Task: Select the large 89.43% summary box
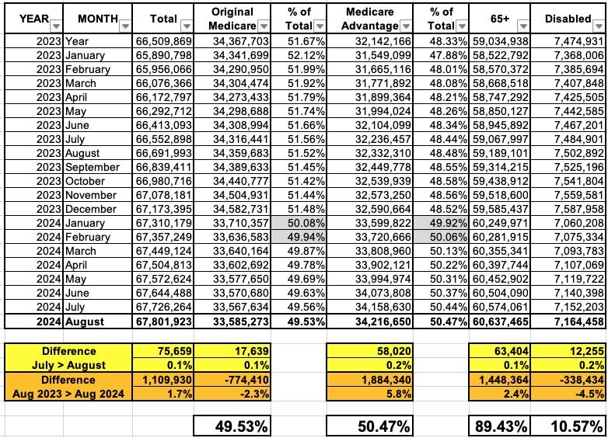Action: coord(499,425)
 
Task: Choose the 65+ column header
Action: coord(499,19)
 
